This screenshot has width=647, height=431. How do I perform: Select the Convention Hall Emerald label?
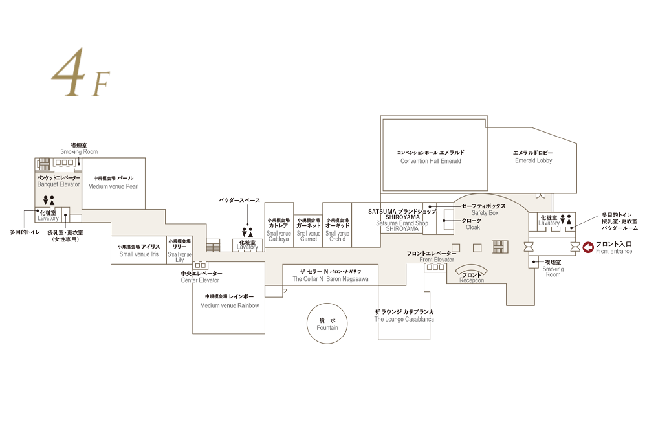pos(431,157)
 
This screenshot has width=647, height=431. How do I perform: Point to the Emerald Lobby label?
pos(533,157)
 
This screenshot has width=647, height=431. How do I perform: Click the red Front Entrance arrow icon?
pos(589,247)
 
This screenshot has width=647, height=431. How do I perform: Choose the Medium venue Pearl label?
pos(113,182)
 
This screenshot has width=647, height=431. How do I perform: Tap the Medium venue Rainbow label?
pos(230,301)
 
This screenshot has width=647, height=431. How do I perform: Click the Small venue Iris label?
pos(138,250)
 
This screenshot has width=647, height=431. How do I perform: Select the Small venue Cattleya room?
pos(279,230)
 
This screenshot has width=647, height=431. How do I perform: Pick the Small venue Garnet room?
pos(309,230)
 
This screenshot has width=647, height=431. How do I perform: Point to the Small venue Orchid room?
pos(337,230)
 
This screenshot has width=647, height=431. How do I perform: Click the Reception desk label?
pos(472,278)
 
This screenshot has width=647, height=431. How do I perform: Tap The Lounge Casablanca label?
pos(404,316)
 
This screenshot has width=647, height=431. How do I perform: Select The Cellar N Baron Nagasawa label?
pos(330,275)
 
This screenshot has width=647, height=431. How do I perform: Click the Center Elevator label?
pos(201,277)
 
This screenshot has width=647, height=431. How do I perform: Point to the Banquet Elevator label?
pos(58,181)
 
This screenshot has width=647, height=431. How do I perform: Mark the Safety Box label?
pos(485,209)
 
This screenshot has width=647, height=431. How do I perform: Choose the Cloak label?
pos(472,224)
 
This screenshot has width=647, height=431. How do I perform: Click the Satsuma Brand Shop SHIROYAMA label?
pos(402,219)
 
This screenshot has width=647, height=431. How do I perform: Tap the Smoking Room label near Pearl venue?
pos(79,148)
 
